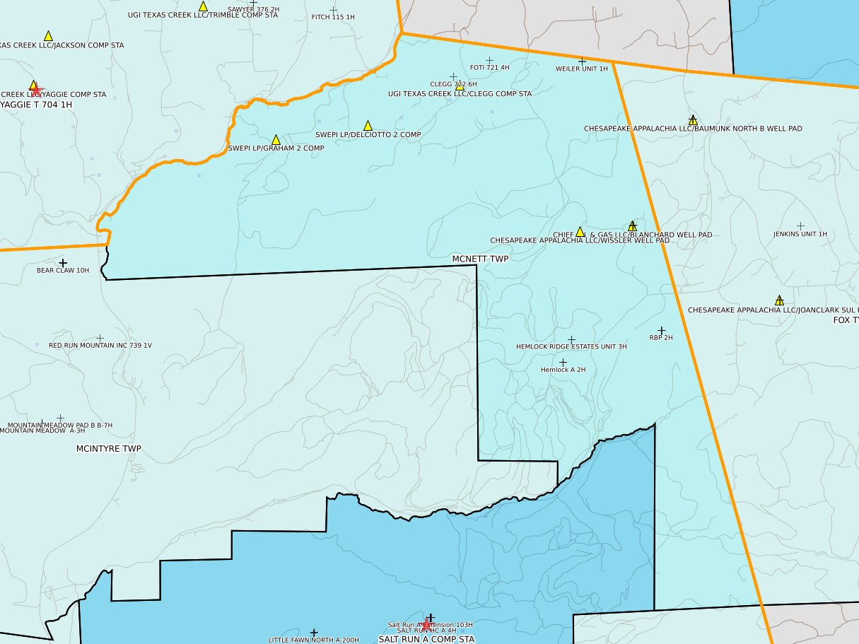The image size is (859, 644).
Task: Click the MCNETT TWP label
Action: [x=480, y=259]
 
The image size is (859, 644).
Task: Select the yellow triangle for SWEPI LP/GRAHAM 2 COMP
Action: [x=276, y=140]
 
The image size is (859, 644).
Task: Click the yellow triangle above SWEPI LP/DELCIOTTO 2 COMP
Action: [x=368, y=126]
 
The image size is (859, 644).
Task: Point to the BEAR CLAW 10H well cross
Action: [x=63, y=263]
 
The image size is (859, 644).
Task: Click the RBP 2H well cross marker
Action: [x=662, y=330]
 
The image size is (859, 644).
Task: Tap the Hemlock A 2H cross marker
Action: [x=563, y=362]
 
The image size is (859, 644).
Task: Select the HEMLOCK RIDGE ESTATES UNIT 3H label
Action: [x=571, y=347]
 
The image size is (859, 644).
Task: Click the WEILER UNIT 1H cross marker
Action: [x=583, y=62]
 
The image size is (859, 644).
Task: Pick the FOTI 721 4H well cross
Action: [x=489, y=61]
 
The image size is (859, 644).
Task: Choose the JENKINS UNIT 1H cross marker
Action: [x=800, y=226]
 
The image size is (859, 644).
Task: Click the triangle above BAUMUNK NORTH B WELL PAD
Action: [x=693, y=120]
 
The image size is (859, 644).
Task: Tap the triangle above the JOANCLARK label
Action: [x=779, y=300]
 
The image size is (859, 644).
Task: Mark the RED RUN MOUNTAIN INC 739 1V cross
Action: [x=100, y=338]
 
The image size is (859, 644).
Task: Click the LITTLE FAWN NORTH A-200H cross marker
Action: [x=314, y=633]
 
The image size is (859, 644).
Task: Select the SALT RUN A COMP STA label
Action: [x=426, y=639]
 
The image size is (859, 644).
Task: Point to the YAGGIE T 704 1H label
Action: [x=36, y=105]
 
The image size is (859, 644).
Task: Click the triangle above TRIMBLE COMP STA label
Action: [x=203, y=6]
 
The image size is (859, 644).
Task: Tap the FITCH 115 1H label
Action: [x=333, y=17]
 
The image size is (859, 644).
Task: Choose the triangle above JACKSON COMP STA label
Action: [x=48, y=36]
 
